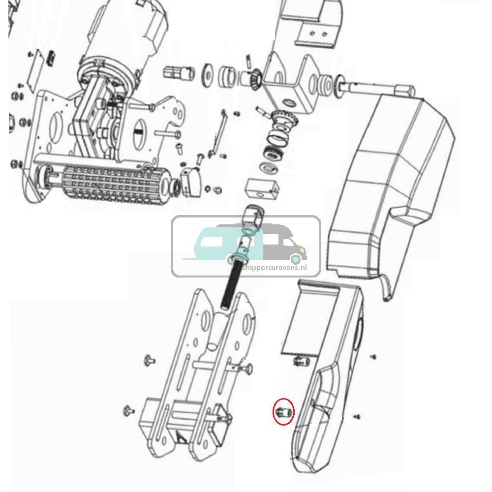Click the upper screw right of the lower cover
click(x=374, y=356)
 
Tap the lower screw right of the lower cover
click(x=357, y=417)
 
